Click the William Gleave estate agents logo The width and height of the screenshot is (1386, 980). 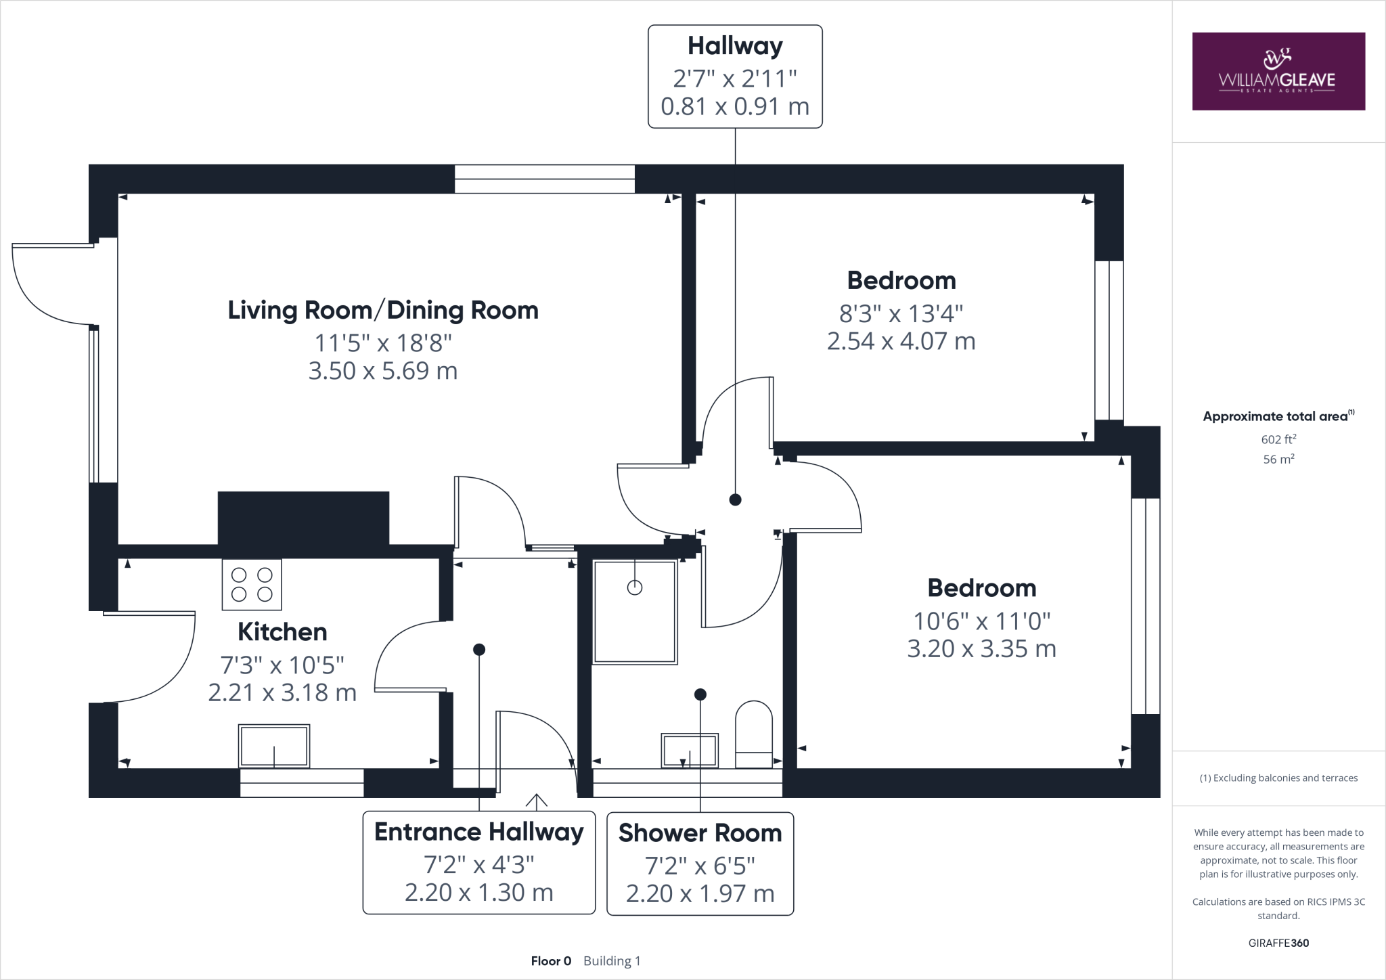(1278, 71)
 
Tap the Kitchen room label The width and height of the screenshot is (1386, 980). (282, 632)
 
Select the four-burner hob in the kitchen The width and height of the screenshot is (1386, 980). (252, 585)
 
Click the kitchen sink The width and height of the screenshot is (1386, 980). (274, 746)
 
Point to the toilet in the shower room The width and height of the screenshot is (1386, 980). (754, 734)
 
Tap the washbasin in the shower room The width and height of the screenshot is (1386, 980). (690, 750)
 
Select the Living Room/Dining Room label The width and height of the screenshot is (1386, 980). (383, 310)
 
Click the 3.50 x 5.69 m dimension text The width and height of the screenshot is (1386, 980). (383, 371)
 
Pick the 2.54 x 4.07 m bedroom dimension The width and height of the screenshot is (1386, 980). (901, 341)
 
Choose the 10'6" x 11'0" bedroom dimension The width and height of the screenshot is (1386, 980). (982, 621)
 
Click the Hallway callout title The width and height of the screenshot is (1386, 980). (736, 46)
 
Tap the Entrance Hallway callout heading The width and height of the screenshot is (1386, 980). (479, 832)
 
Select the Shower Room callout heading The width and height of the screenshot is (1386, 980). (700, 833)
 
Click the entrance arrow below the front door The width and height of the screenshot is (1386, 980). (537, 802)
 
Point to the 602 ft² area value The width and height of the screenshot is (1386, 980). (1278, 439)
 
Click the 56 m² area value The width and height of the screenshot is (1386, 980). (1278, 459)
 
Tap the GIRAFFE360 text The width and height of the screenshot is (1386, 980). (1278, 943)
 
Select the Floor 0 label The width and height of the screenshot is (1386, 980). (551, 961)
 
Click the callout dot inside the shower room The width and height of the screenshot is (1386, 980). (700, 694)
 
